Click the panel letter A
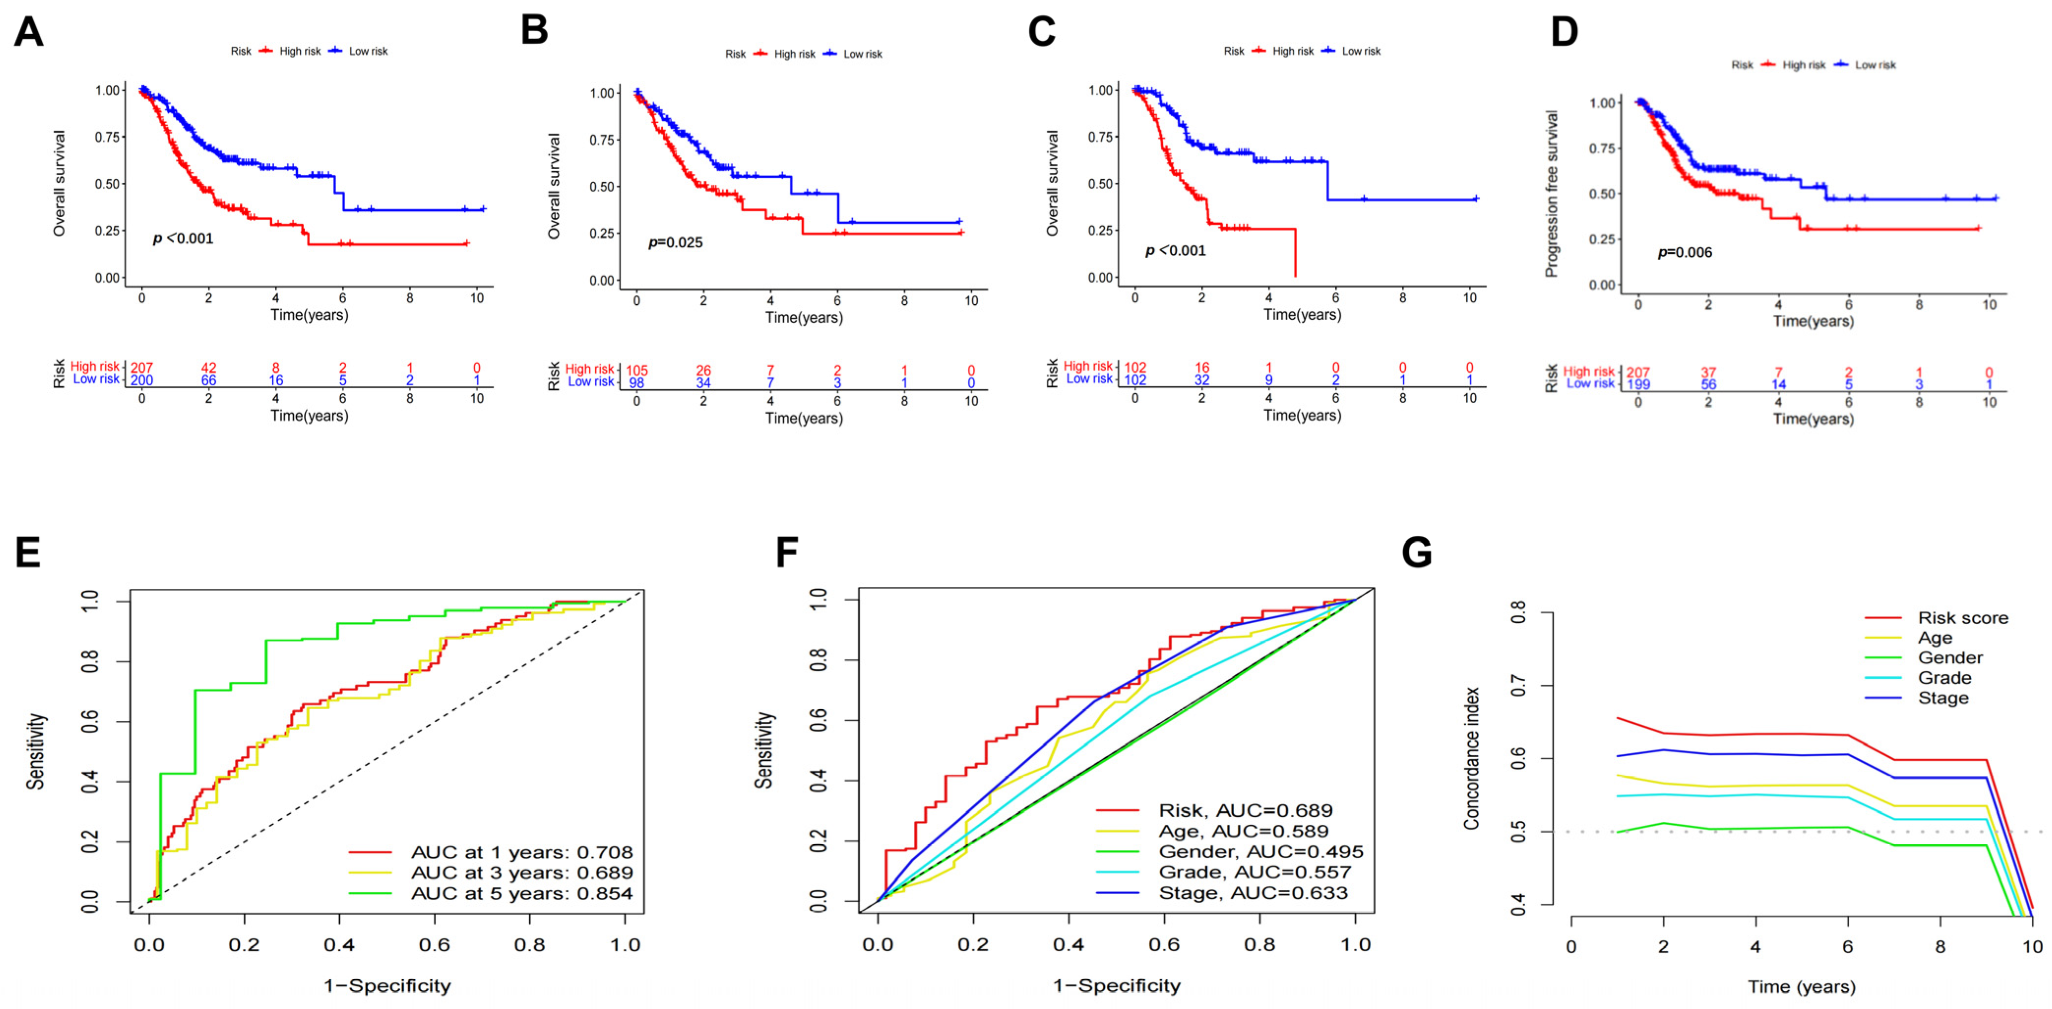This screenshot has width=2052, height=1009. pyautogui.click(x=29, y=32)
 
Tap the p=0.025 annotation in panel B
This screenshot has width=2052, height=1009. pyautogui.click(x=675, y=242)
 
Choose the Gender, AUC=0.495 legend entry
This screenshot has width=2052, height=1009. pyautogui.click(x=1260, y=851)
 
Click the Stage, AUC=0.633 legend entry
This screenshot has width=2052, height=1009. pyautogui.click(x=1252, y=893)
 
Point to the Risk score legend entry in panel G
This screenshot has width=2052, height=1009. pyautogui.click(x=1962, y=618)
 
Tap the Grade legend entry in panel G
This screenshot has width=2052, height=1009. pyautogui.click(x=1944, y=677)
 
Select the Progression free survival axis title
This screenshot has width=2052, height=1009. pyautogui.click(x=1551, y=194)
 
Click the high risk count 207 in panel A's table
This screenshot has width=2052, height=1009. pyautogui.click(x=142, y=368)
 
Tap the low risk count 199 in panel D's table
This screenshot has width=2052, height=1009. pyautogui.click(x=1638, y=384)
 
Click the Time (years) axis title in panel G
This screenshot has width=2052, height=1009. pyautogui.click(x=1801, y=987)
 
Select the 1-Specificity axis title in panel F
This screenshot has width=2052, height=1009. pyautogui.click(x=1116, y=986)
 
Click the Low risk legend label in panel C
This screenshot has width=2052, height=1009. pyautogui.click(x=1361, y=51)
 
